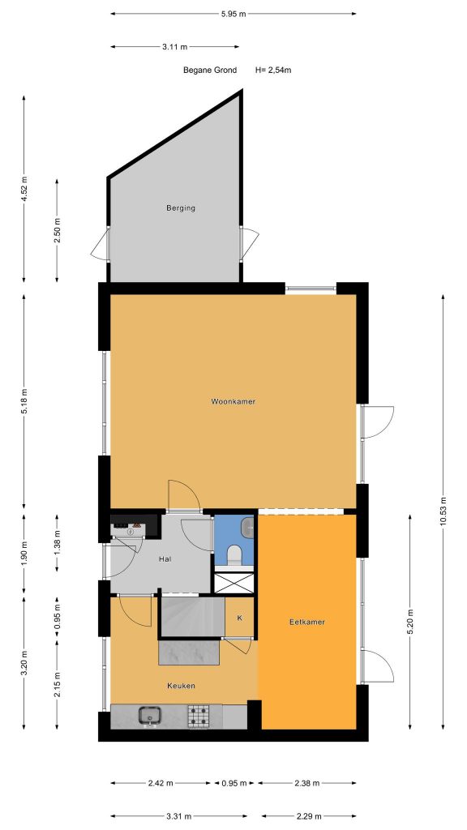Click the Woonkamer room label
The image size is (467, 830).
coord(233,401)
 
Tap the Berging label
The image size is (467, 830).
coord(181,208)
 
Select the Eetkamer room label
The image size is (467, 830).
coord(307,622)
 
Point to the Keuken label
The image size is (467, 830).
coord(181,686)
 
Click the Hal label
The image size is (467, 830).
coord(165,559)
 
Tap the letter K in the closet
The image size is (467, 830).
coord(239,618)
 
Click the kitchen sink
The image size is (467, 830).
coord(150,717)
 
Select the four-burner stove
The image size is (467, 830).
coord(199,717)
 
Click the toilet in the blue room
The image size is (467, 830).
coord(233,555)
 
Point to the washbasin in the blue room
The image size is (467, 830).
coord(248,526)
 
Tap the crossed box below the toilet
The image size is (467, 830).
coord(234,582)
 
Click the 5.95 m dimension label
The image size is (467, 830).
coord(233,14)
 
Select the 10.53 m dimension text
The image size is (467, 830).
coord(443,511)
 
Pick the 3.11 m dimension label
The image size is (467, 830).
coord(175,46)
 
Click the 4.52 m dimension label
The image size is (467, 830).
coord(24,188)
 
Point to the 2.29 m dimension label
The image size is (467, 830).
coord(309,816)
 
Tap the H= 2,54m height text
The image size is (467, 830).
coord(273,70)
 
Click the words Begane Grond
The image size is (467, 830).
coord(210,70)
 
